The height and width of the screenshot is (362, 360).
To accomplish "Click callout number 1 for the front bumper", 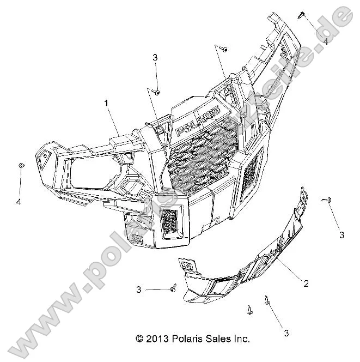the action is click(x=107, y=102).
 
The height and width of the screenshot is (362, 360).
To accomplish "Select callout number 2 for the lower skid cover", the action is click(x=306, y=283).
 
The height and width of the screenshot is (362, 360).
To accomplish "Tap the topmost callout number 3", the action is click(x=155, y=57).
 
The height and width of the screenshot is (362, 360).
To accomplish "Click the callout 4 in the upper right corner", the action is click(x=325, y=41).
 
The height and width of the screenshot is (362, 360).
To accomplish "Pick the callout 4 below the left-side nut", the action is click(x=19, y=202).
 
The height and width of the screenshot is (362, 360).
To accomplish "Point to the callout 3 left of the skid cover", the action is click(x=139, y=289).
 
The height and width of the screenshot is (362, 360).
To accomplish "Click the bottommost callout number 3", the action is click(x=285, y=333).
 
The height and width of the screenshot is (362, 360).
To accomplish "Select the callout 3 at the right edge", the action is click(x=341, y=235).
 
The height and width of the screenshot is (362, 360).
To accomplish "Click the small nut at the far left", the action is click(x=21, y=165).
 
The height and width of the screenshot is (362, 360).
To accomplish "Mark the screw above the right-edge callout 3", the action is click(x=328, y=201).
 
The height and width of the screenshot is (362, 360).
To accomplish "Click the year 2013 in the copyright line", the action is click(x=157, y=339).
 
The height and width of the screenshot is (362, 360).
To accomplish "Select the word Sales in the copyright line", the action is click(x=215, y=339).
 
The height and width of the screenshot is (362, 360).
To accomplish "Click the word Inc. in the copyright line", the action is click(x=240, y=339).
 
